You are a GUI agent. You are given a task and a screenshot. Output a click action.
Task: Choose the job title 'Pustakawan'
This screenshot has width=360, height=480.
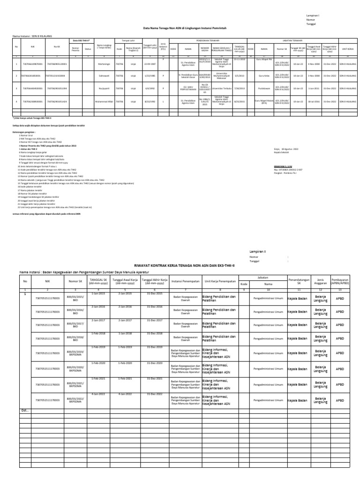coord(264,88)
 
